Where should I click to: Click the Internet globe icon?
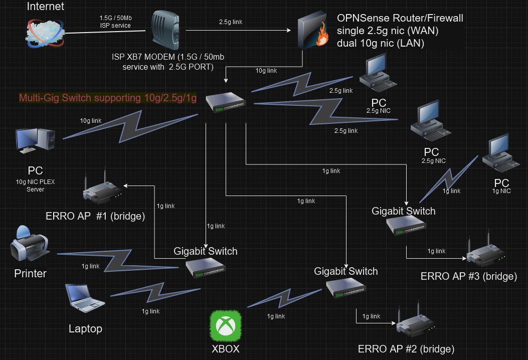(x=45, y=30)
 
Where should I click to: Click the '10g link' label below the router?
(x=266, y=71)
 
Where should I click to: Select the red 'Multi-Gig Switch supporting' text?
(x=107, y=98)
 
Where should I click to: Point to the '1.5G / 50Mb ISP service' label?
(x=115, y=22)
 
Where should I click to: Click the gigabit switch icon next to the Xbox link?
(x=345, y=287)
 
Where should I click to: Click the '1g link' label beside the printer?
(x=91, y=266)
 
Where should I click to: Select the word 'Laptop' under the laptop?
(x=85, y=329)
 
